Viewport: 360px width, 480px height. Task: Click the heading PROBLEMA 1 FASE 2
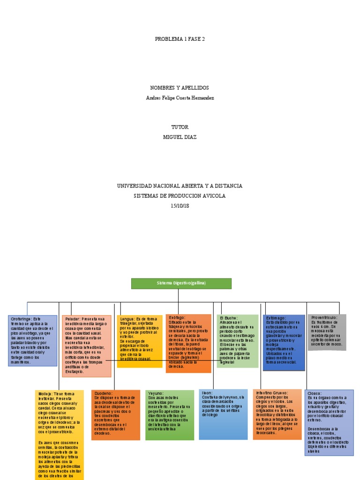[180, 39]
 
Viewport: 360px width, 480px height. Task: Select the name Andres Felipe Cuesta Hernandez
[180, 97]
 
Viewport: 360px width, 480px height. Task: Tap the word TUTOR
[180, 127]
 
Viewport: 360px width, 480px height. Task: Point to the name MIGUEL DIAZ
[180, 137]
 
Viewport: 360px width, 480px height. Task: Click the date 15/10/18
[180, 206]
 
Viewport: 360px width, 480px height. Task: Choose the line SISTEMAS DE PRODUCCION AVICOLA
[180, 196]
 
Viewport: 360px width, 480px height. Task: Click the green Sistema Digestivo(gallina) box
[181, 284]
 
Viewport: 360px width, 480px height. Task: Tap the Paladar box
[87, 345]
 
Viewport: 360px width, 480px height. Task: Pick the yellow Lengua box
[140, 341]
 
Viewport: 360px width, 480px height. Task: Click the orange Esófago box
[188, 343]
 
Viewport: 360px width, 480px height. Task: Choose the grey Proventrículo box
[327, 332]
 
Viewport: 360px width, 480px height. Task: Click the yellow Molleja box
[60, 434]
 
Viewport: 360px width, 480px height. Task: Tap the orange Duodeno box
[115, 414]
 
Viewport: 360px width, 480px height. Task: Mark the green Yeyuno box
[169, 414]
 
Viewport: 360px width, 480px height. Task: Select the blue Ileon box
[223, 414]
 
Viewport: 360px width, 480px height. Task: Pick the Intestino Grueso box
[277, 414]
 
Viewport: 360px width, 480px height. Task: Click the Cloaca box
[329, 422]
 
